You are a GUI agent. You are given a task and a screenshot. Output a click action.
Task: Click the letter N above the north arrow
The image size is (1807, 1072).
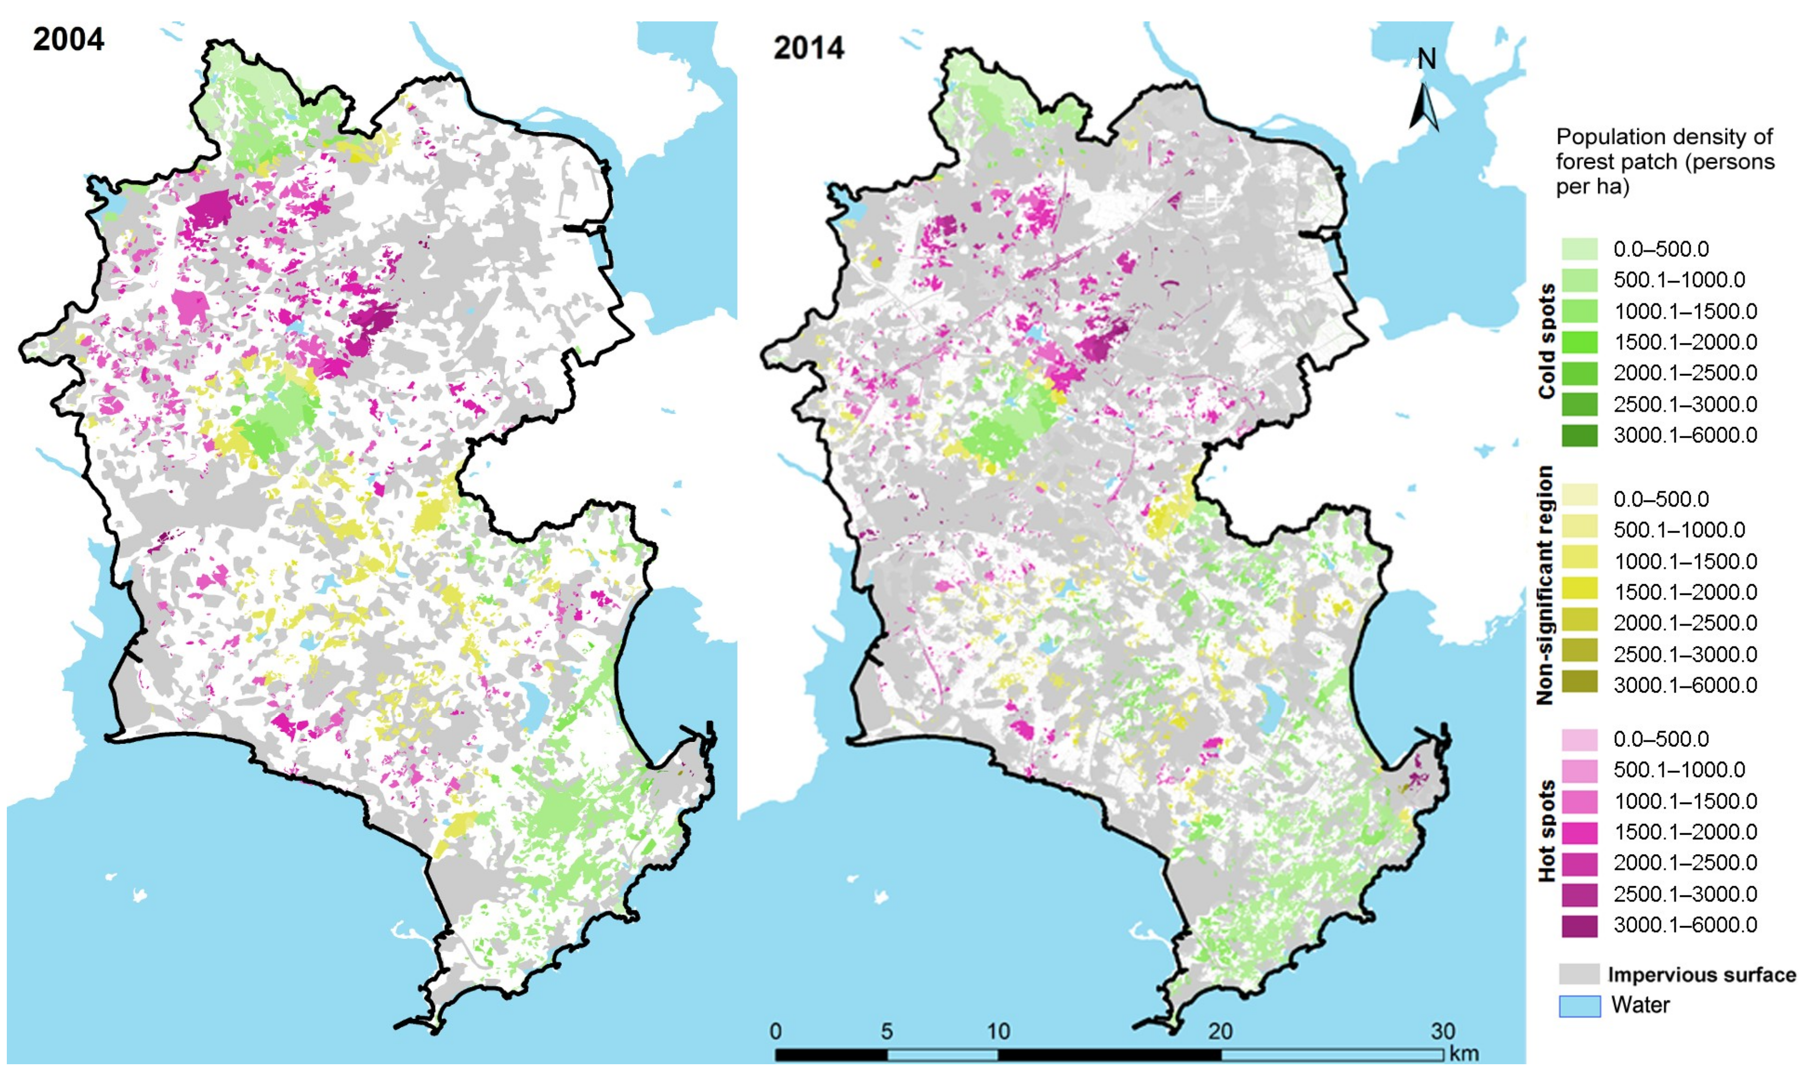pyautogui.click(x=1426, y=60)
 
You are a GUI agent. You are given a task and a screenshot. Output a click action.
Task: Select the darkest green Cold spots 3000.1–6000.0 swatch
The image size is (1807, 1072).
pyautogui.click(x=1579, y=435)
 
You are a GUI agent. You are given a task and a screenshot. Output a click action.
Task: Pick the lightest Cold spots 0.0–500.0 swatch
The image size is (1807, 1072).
pyautogui.click(x=1579, y=249)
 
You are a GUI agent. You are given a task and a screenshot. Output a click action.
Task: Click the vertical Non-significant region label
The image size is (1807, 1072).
pyautogui.click(x=1545, y=585)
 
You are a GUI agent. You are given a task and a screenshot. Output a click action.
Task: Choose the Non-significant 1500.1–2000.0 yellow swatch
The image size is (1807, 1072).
pyautogui.click(x=1579, y=591)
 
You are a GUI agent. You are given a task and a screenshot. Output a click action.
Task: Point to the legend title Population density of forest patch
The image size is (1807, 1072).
pyautogui.click(x=1664, y=161)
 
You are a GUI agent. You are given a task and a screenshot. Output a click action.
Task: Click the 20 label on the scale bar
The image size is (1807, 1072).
pyautogui.click(x=1221, y=1031)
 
